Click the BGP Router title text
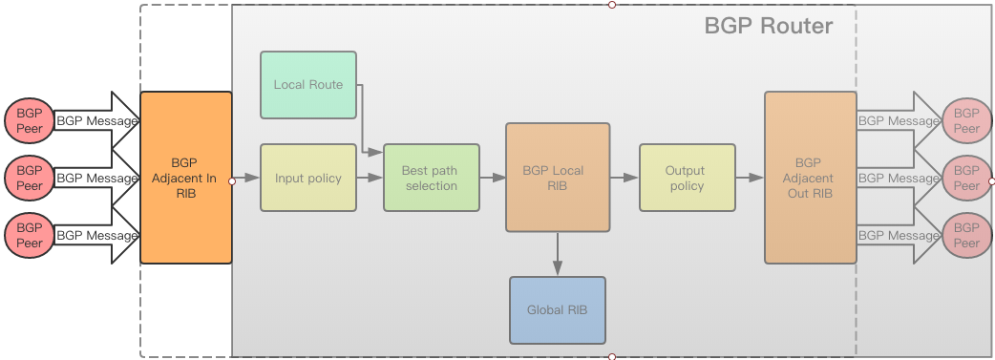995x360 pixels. [x=768, y=26]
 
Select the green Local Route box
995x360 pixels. [x=308, y=85]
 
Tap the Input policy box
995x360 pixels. [x=308, y=178]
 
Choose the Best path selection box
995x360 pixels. [x=431, y=178]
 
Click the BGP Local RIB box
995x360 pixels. [x=558, y=178]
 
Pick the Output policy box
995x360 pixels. [x=687, y=178]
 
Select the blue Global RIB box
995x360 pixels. [x=558, y=310]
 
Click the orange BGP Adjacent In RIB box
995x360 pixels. [x=186, y=178]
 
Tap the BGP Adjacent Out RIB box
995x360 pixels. [x=809, y=178]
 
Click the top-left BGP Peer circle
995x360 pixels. [x=30, y=120]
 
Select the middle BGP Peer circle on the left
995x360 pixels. [x=30, y=178]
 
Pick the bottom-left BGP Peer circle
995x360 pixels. [x=30, y=235]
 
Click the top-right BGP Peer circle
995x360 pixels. [x=966, y=120]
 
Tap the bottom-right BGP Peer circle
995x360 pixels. [x=966, y=235]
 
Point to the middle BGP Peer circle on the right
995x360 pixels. [x=966, y=178]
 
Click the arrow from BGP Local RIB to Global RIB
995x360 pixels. [x=558, y=254]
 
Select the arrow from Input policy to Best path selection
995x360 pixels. [x=370, y=178]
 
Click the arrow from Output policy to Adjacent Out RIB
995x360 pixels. [x=750, y=178]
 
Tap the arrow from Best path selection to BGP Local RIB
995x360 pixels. [x=492, y=178]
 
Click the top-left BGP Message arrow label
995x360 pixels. [x=96, y=121]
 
